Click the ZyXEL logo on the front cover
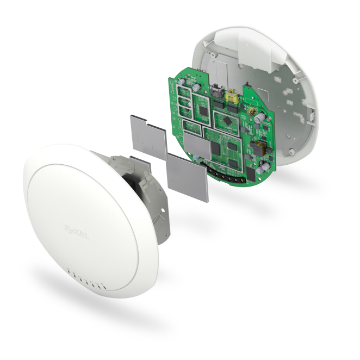[x=76, y=232]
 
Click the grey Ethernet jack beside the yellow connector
[x=217, y=90]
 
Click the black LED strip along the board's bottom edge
[x=223, y=172]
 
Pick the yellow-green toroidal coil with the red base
[x=251, y=111]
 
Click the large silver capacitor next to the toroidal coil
[x=259, y=117]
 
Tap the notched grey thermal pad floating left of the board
[x=148, y=137]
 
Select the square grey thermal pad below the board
[x=188, y=177]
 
